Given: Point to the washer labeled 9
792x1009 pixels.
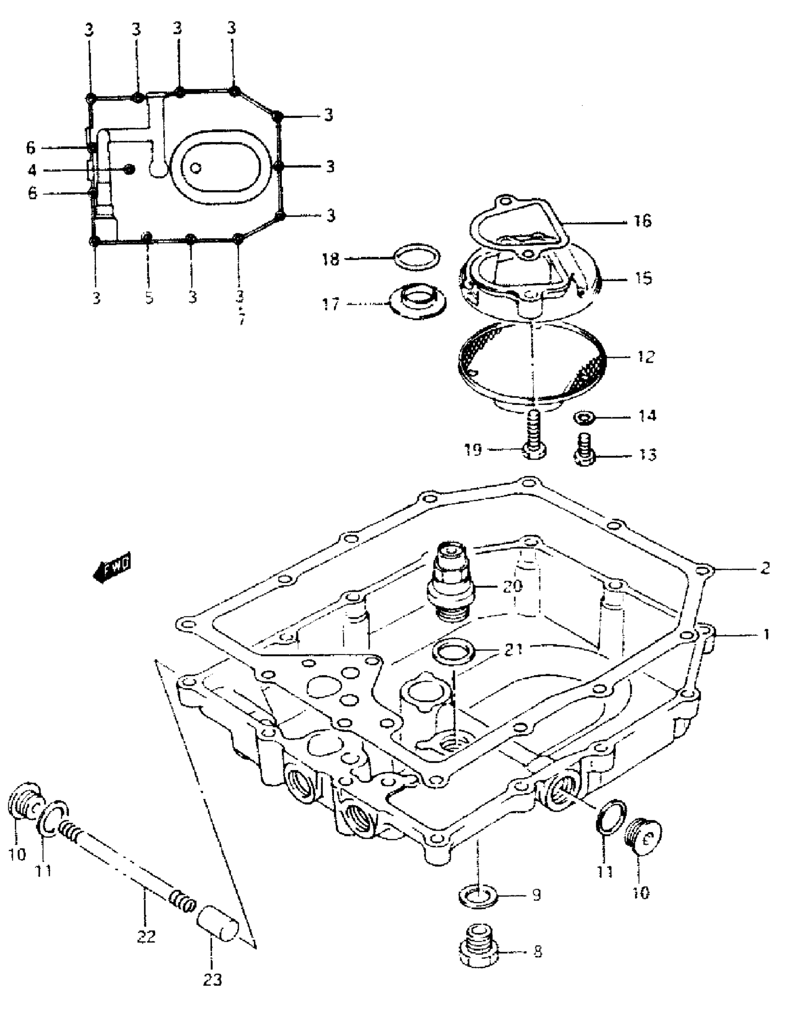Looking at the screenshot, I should [478, 897].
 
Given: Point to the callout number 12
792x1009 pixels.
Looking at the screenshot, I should [645, 357].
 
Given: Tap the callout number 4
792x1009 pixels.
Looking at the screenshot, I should [32, 170].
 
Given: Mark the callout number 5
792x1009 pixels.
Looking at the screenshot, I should [149, 297].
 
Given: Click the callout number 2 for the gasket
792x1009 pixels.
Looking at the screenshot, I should [765, 568].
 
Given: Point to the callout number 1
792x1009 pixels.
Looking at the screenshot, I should [766, 634].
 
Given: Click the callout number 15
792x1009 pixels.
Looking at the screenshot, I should [643, 278].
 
